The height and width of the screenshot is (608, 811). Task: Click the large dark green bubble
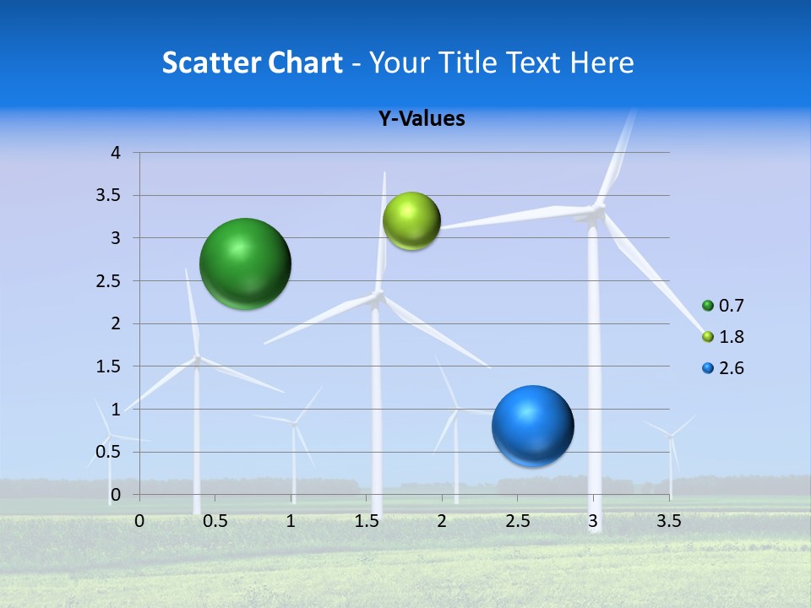[x=246, y=263]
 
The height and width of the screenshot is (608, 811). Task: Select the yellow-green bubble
[x=411, y=221]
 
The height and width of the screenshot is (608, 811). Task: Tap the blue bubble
[x=532, y=426]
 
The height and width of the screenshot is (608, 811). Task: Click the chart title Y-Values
[x=422, y=119]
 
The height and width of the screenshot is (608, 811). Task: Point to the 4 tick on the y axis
[x=116, y=153]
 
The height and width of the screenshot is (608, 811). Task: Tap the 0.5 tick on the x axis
[x=215, y=521]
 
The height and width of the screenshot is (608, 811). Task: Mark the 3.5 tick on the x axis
[x=668, y=521]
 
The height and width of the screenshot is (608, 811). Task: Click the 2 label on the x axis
[x=442, y=521]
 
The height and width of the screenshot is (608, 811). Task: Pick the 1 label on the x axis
[x=291, y=521]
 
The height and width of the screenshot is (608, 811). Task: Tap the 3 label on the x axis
[x=593, y=521]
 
